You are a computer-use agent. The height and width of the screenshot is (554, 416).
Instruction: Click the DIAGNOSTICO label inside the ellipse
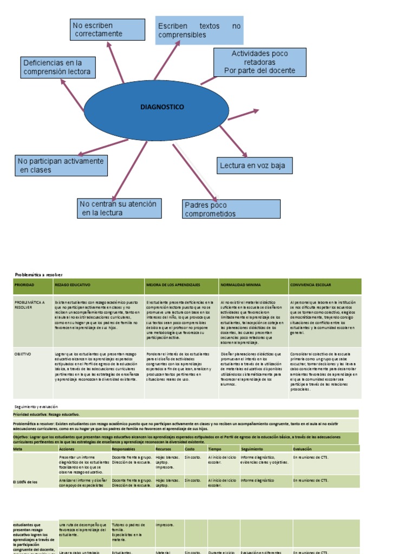click(162, 107)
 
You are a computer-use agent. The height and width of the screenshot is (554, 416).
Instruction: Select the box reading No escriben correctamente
click(108, 30)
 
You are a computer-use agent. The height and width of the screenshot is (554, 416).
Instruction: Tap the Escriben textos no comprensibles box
click(199, 30)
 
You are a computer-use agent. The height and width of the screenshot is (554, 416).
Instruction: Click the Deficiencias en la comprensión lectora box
click(58, 68)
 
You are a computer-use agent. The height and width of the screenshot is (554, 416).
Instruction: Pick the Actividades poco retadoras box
click(260, 62)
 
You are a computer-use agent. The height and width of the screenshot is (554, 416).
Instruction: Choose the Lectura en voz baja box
click(254, 166)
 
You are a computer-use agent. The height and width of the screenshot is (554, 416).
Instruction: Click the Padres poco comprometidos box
click(232, 209)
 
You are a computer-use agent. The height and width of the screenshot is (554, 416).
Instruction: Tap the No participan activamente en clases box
click(61, 166)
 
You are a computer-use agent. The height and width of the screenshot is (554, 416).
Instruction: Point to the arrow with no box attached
click(244, 114)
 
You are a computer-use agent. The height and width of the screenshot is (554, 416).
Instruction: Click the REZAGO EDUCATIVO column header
click(73, 285)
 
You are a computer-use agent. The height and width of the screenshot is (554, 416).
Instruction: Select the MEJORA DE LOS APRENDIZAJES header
click(173, 285)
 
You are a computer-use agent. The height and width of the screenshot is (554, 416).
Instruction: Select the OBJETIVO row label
click(23, 353)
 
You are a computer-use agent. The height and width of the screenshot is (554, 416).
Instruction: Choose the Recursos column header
click(164, 449)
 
